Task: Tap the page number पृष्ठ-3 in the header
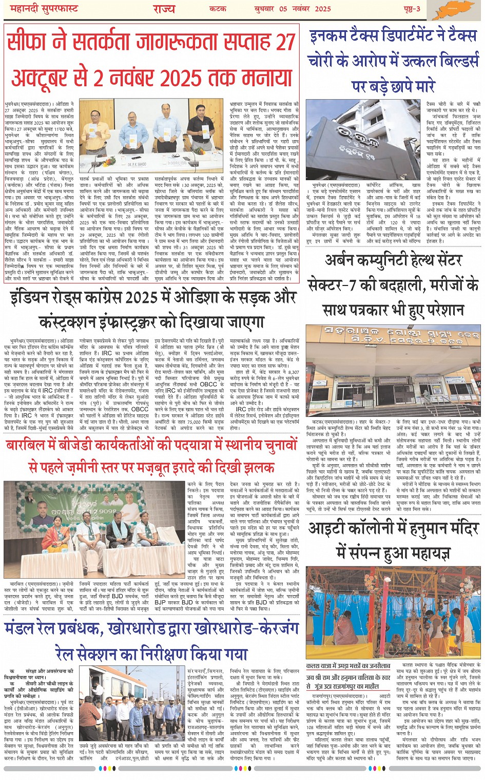click(x=411, y=9)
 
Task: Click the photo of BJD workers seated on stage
click(x=94, y=529)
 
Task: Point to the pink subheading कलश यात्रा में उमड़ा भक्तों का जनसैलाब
click(x=348, y=667)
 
